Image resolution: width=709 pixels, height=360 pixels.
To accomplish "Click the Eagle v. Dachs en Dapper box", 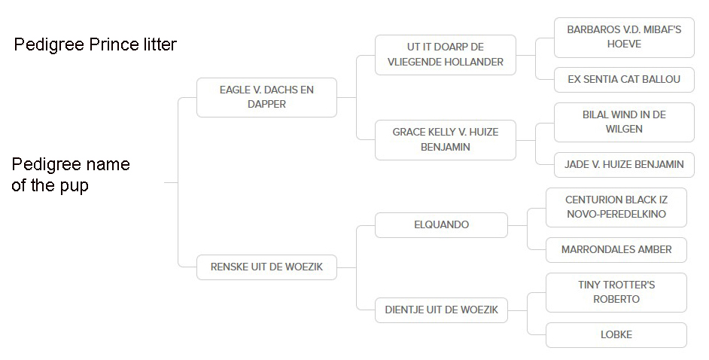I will tap(266, 97).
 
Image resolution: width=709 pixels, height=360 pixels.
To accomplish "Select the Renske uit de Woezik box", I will tap(266, 267).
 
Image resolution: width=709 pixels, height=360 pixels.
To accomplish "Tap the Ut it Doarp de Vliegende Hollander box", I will tap(446, 54).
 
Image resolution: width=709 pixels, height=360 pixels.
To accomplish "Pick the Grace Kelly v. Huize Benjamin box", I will tap(446, 139).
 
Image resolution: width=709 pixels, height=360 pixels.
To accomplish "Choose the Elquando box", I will tap(441, 224).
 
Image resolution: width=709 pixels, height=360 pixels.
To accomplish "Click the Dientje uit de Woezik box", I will tap(441, 309).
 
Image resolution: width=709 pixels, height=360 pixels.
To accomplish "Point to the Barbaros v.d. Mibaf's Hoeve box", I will tap(624, 37).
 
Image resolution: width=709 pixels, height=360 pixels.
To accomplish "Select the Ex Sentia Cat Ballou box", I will tap(624, 79).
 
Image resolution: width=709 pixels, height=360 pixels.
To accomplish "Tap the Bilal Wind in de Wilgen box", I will tap(624, 122).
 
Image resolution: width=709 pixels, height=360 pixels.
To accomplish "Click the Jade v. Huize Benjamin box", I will tap(624, 164).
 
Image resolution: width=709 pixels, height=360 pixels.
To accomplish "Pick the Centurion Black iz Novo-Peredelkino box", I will tap(616, 207).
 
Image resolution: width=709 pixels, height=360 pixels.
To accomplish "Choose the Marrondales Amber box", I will tap(616, 249).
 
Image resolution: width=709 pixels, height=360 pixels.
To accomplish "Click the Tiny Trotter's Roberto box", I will tap(616, 292).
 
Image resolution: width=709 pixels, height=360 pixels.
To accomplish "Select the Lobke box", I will tap(616, 334).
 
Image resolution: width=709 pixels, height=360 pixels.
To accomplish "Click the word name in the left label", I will tap(106, 164).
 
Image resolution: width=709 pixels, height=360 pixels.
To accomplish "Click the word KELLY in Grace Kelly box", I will tap(449, 132).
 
